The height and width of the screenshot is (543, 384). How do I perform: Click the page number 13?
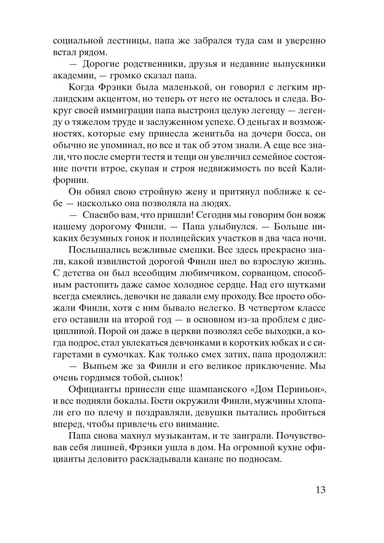point(321,490)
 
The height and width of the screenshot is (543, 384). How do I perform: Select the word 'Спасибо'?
point(99,215)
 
